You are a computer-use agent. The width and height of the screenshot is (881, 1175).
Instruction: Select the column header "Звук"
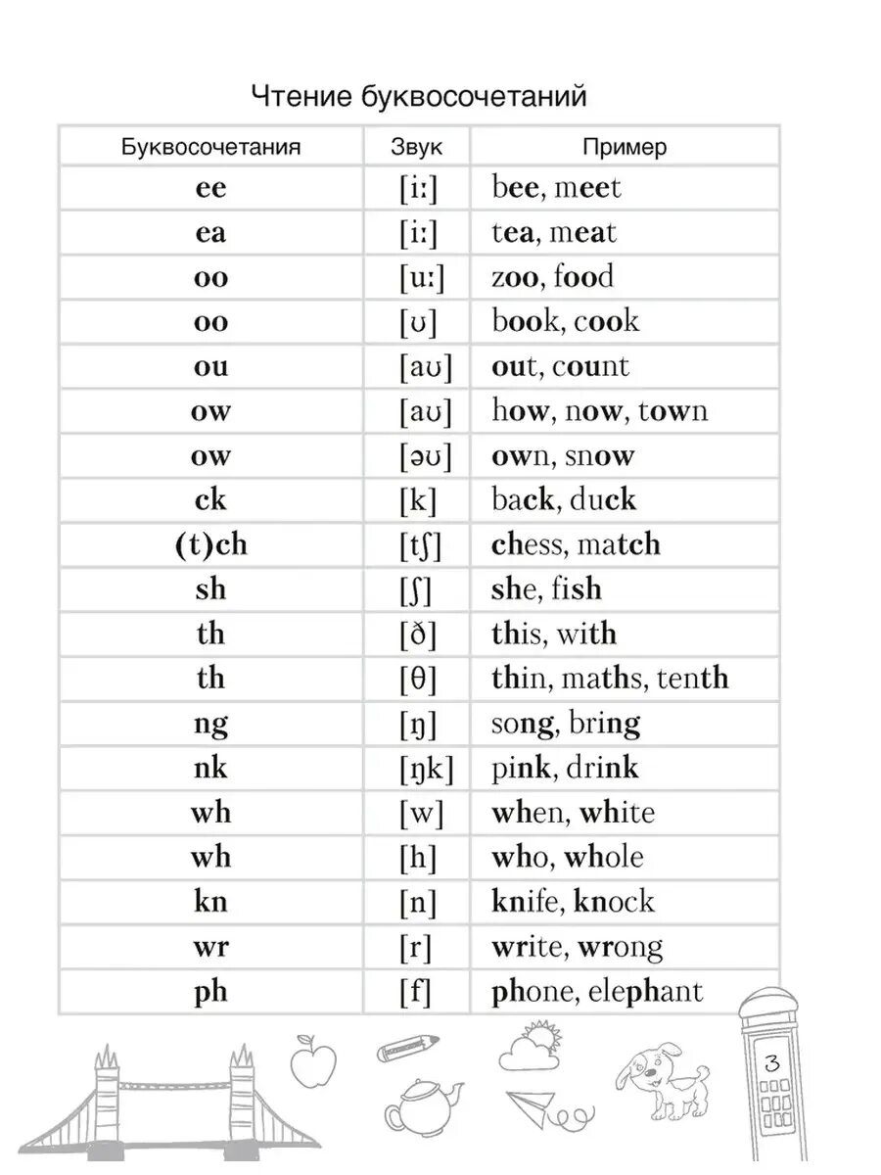click(416, 148)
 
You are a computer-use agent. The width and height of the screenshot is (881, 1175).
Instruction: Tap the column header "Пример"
click(625, 148)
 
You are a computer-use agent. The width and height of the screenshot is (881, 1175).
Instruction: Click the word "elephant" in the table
click(646, 991)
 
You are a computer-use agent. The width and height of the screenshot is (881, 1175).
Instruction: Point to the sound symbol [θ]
click(418, 679)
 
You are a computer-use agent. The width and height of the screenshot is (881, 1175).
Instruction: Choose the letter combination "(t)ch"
click(210, 544)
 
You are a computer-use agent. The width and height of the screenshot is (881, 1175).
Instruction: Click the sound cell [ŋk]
click(426, 769)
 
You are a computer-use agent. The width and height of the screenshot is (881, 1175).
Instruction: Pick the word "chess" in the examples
click(529, 544)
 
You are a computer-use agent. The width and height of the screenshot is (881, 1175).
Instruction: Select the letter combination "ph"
click(210, 991)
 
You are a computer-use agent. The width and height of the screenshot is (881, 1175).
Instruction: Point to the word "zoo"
click(515, 277)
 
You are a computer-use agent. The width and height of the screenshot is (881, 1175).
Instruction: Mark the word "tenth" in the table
click(693, 679)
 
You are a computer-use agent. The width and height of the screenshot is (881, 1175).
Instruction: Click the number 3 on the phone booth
click(772, 1062)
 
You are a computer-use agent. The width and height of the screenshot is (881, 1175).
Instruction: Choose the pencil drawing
click(406, 1050)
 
